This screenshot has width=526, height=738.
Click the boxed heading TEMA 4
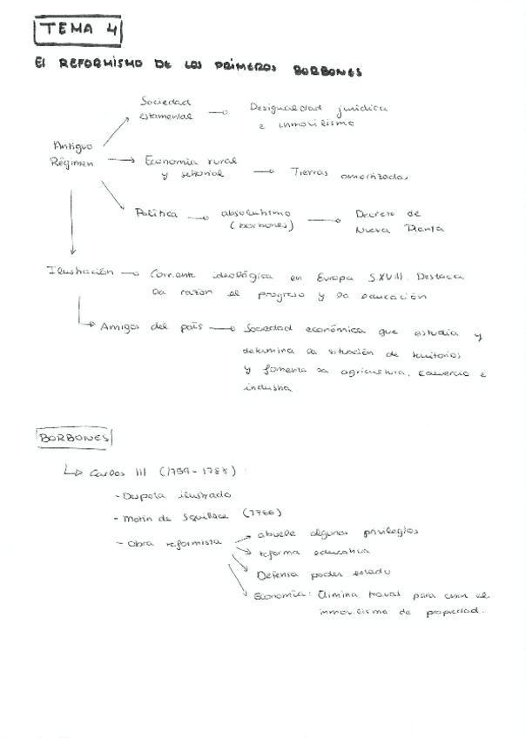pos(78,30)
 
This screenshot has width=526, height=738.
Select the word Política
pos(156,213)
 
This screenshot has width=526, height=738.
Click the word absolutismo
pos(256,212)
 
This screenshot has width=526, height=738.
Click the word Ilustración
pos(80,272)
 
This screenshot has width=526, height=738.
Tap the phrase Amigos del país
pos(149,327)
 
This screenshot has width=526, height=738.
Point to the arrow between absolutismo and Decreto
pos(324,220)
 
